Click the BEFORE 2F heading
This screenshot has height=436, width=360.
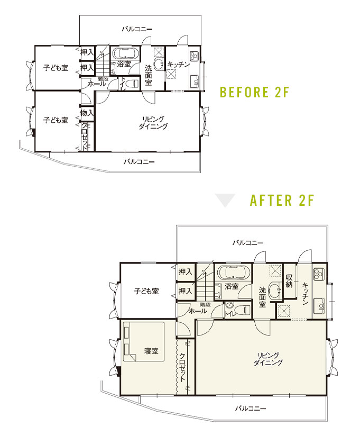pos(254,92)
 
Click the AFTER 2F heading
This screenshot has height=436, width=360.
pos(282,200)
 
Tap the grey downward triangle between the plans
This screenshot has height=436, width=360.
pos(226,199)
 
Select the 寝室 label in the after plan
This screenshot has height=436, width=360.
pos(151,351)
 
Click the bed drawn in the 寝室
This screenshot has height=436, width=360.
pos(144,341)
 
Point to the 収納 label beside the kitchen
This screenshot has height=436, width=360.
pos(289,281)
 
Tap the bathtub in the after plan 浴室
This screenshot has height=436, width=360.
pos(234,272)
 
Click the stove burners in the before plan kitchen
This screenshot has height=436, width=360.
pos(193,57)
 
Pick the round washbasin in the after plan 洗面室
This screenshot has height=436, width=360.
pos(275,291)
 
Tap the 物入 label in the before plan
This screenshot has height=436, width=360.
pos(87,113)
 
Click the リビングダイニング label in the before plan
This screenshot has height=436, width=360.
pos(153,123)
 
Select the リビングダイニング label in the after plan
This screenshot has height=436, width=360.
pos(268,359)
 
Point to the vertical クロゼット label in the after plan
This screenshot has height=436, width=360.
pos(182,367)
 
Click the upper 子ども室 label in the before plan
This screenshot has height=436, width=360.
pos(56,68)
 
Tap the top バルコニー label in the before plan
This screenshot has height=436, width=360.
pos(137,29)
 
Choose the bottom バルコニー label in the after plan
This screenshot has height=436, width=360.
pos(251,408)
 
